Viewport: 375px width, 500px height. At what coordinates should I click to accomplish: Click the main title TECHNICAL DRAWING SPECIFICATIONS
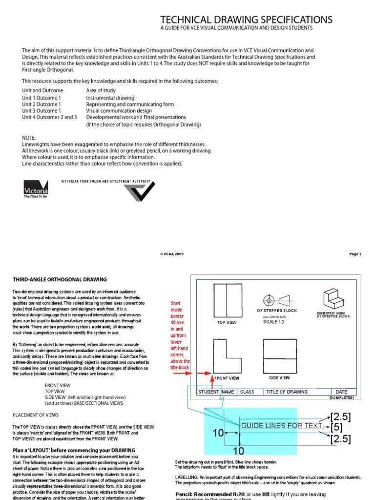(x=247, y=20)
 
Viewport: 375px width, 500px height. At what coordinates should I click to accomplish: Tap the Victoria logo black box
(x=36, y=187)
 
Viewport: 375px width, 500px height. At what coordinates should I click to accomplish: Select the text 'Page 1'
(x=355, y=254)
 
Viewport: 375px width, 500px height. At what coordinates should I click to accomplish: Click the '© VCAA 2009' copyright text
(x=172, y=254)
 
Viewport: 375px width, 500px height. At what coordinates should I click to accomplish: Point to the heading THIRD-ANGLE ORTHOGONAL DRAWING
(x=59, y=280)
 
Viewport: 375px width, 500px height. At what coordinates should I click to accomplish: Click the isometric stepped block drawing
(x=333, y=298)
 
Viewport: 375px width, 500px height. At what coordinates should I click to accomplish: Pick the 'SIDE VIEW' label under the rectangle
(x=279, y=377)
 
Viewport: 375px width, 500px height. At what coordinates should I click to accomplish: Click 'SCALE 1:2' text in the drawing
(x=273, y=322)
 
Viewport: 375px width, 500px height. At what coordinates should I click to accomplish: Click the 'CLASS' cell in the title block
(x=248, y=392)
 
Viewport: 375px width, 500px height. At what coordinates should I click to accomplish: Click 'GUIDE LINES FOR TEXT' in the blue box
(x=282, y=426)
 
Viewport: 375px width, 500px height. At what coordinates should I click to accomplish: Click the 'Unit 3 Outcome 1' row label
(x=42, y=111)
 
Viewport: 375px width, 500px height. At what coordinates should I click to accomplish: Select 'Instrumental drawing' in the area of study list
(x=110, y=98)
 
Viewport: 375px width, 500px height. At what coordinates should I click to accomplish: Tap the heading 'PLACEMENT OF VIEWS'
(x=35, y=415)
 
